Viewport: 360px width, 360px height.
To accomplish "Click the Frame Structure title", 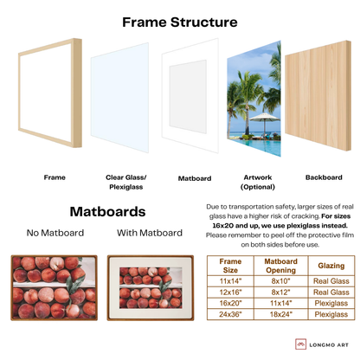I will (x=180, y=23).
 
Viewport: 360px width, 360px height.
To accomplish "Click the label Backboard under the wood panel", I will (x=323, y=177).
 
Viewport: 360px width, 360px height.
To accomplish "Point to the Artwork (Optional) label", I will (x=254, y=181).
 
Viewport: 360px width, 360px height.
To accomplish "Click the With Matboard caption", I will (x=149, y=233).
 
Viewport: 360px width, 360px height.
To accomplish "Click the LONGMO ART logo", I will (x=323, y=344).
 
